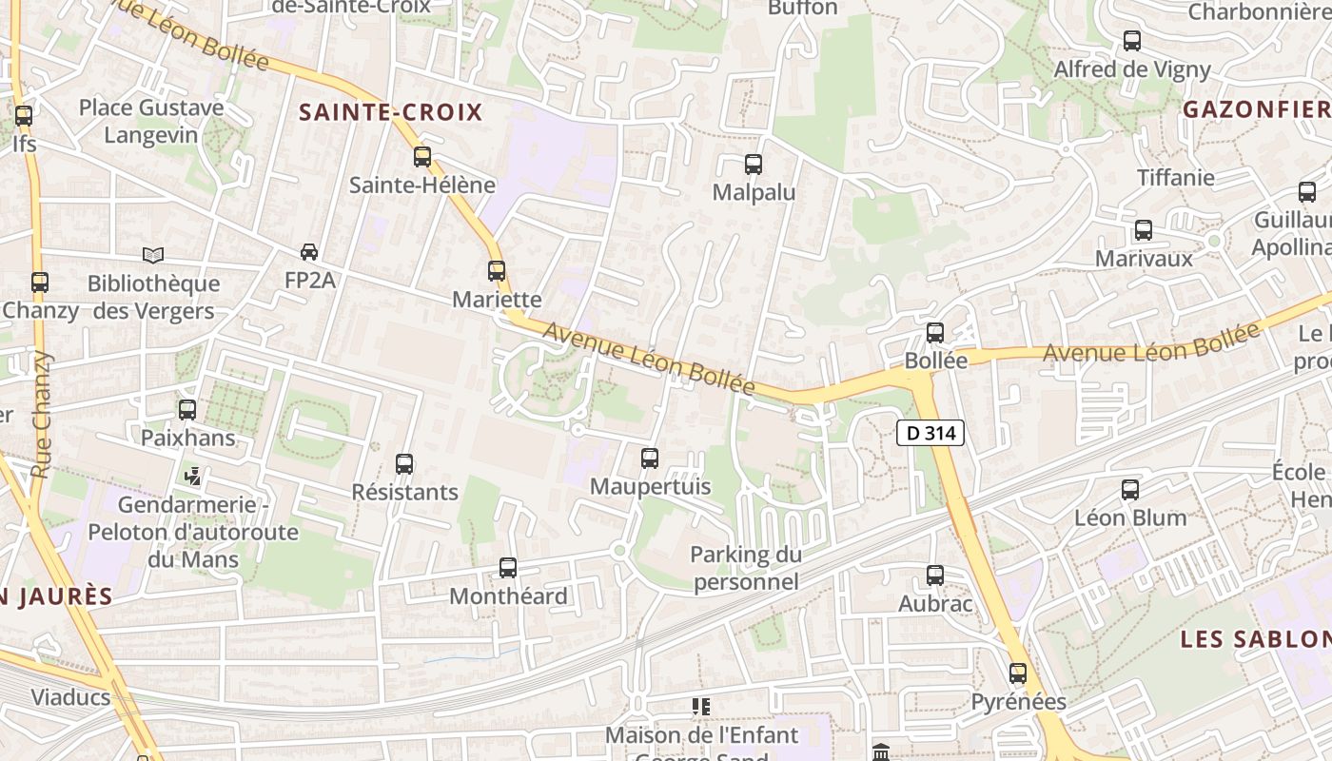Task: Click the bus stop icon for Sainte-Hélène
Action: tap(422, 157)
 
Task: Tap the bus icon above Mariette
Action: tap(496, 271)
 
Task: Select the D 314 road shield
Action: tap(930, 433)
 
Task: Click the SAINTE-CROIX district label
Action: tap(391, 112)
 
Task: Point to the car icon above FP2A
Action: tap(309, 252)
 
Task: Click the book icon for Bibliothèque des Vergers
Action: tap(153, 255)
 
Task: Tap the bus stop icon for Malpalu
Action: tap(754, 165)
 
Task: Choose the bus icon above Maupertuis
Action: tap(650, 459)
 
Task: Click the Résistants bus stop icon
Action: tap(404, 464)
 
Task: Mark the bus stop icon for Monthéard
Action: tap(508, 568)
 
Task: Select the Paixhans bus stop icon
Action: tap(187, 410)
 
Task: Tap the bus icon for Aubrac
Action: tap(935, 576)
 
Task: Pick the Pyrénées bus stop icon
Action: tap(1018, 673)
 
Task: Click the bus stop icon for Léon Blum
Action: tap(1130, 490)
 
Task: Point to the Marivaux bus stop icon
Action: tap(1144, 230)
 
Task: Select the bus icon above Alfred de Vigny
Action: tap(1132, 41)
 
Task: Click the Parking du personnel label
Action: tap(746, 568)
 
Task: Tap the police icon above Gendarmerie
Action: tap(193, 476)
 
